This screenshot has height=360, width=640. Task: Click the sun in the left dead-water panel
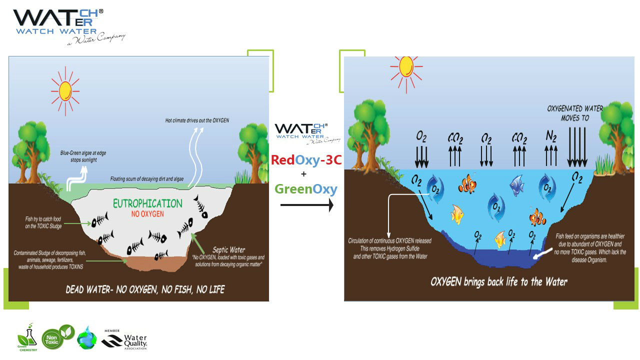65,90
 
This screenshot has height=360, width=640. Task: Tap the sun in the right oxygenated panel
406,67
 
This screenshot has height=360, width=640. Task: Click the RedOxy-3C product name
305,160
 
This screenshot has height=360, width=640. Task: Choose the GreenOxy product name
305,189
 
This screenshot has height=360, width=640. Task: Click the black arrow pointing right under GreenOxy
306,205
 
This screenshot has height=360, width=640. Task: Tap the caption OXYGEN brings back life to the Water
498,281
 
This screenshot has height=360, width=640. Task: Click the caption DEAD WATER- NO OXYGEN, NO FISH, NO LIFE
145,289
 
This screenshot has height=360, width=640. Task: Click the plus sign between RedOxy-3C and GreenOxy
303,174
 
